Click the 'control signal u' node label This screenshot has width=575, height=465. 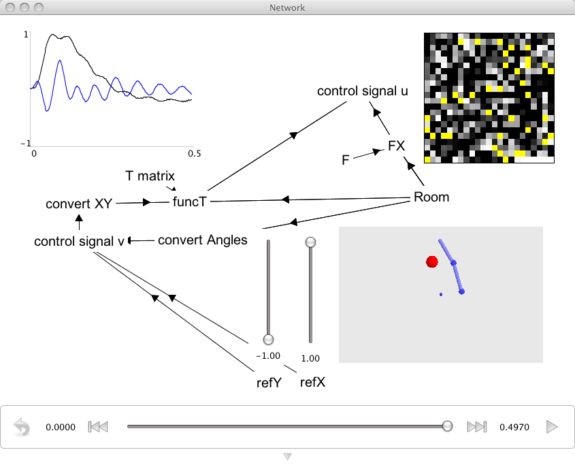pyautogui.click(x=362, y=91)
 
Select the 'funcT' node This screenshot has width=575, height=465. pyautogui.click(x=190, y=202)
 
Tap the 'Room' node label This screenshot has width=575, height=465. pyautogui.click(x=431, y=197)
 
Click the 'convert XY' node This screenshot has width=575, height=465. pyautogui.click(x=79, y=204)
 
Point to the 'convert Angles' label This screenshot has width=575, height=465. pyautogui.click(x=202, y=240)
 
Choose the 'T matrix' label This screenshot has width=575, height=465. pyautogui.click(x=150, y=176)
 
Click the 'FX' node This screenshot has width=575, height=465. pyautogui.click(x=397, y=146)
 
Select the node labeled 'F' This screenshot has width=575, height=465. pyautogui.click(x=346, y=160)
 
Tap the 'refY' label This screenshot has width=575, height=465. pyautogui.click(x=269, y=383)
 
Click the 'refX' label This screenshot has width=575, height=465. pyautogui.click(x=312, y=382)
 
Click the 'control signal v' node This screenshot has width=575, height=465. pyautogui.click(x=79, y=241)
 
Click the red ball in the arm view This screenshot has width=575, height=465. pyautogui.click(x=432, y=261)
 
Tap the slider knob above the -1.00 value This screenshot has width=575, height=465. pyautogui.click(x=268, y=339)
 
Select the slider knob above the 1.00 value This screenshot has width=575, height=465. pyautogui.click(x=310, y=242)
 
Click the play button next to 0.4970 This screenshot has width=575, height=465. pyautogui.click(x=552, y=427)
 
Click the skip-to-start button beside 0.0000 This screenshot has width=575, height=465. pyautogui.click(x=98, y=427)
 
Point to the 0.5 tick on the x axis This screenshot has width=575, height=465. pyautogui.click(x=195, y=153)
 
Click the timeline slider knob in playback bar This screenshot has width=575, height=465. pyautogui.click(x=447, y=426)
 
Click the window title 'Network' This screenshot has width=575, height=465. pyautogui.click(x=287, y=7)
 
